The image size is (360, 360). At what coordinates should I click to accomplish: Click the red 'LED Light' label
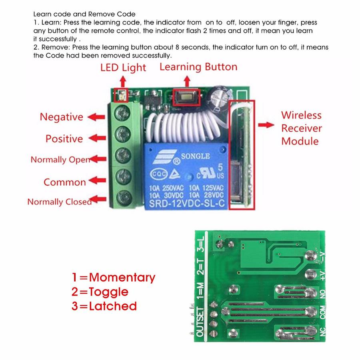[123, 68]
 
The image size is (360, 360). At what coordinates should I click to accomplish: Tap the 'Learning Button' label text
[198, 66]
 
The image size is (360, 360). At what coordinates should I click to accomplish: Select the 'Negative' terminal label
[61, 117]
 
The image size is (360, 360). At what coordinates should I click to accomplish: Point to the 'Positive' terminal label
[64, 139]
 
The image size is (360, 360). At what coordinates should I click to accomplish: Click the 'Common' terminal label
[65, 182]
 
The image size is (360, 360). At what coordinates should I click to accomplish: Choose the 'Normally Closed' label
[59, 202]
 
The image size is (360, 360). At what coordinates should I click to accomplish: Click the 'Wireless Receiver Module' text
[301, 128]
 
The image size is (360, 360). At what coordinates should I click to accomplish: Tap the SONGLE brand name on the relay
[196, 156]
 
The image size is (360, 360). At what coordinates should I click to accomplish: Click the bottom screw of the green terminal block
[123, 196]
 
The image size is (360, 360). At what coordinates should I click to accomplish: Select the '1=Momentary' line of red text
[114, 277]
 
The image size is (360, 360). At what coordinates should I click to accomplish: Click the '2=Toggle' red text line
[100, 292]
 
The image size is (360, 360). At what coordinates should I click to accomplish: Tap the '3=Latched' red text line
[104, 306]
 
